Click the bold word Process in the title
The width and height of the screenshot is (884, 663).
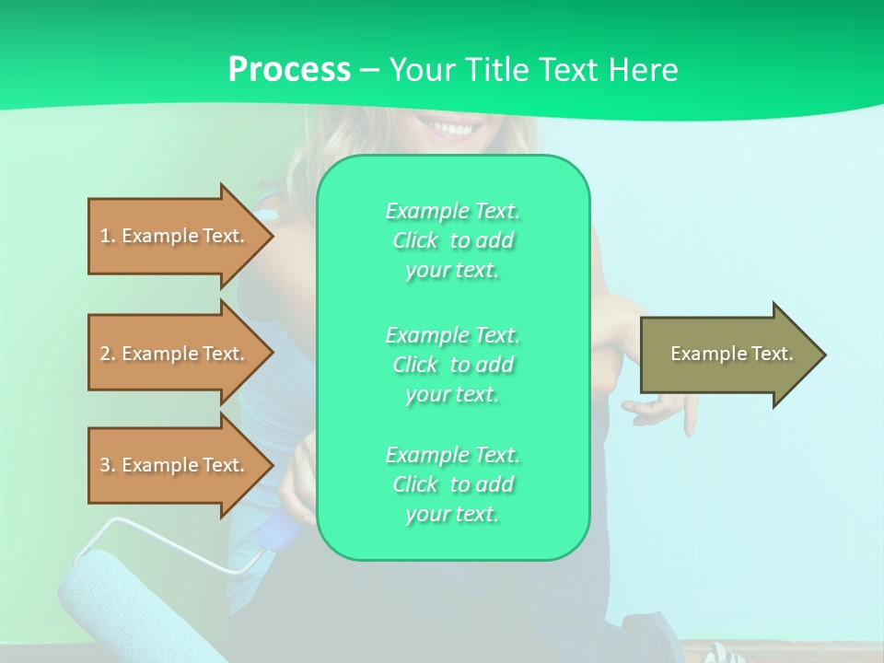pos(289,70)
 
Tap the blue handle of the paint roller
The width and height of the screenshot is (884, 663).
pos(276,534)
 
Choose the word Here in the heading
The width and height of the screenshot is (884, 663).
pos(644,70)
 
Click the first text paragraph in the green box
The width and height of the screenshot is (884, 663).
pos(452,240)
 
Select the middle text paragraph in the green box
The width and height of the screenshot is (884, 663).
pos(452,365)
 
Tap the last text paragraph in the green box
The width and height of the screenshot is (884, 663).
pos(452,484)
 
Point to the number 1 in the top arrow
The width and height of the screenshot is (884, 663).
pos(105,236)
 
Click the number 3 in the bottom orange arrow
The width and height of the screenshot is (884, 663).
pos(105,465)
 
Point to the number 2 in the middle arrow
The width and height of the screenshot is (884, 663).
pos(105,354)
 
